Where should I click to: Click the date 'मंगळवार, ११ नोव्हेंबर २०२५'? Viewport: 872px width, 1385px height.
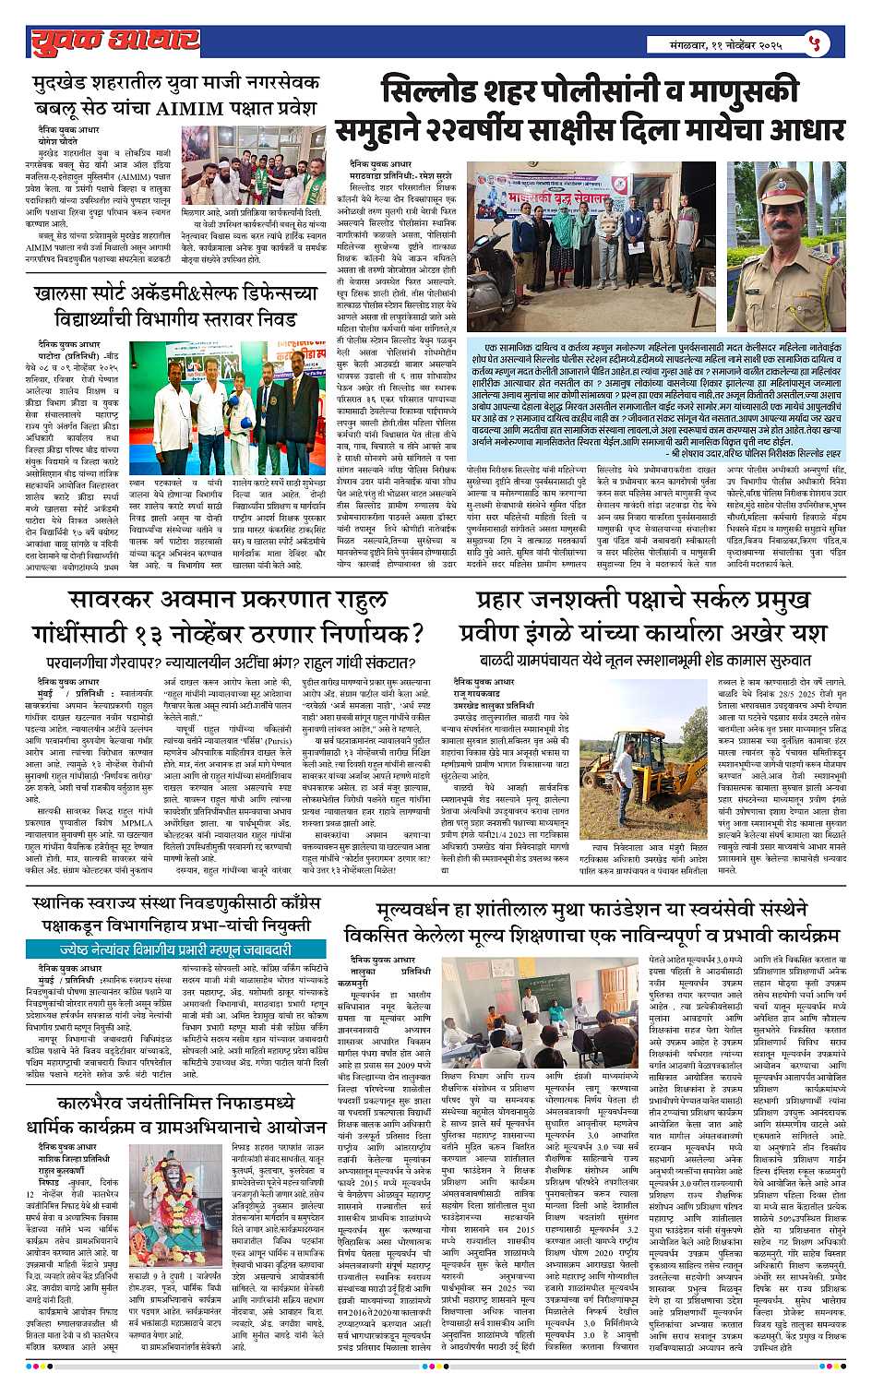tap(729, 43)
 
